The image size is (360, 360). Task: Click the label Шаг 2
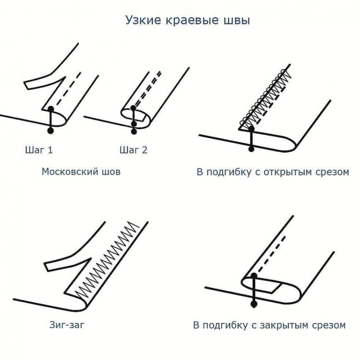[x=134, y=150]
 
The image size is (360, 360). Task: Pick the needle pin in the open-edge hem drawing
[x=251, y=137]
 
